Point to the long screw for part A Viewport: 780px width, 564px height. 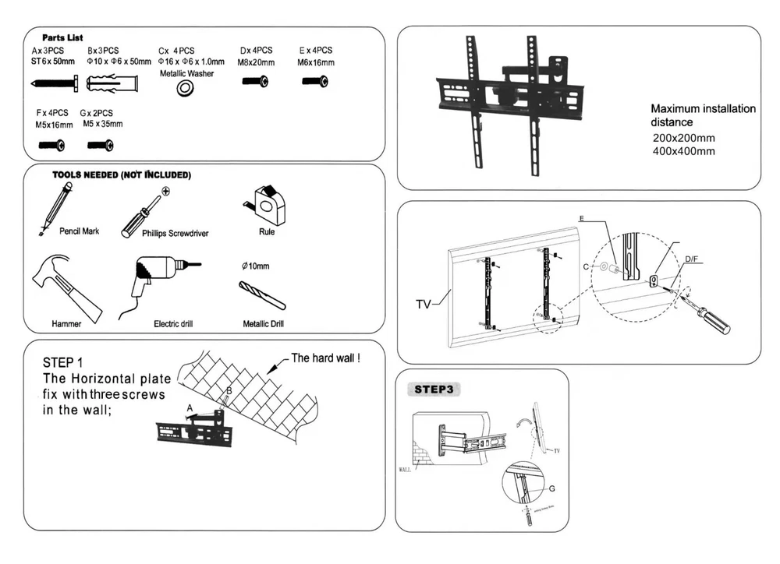point(55,82)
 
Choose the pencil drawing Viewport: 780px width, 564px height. point(55,207)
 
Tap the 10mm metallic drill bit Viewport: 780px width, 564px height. point(261,294)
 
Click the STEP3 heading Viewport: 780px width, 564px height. point(438,390)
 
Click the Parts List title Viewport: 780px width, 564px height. point(63,37)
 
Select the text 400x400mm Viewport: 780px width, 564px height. point(683,151)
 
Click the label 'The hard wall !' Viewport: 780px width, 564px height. point(325,359)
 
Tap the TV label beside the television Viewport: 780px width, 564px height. point(424,303)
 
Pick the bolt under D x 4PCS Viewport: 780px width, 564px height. point(255,81)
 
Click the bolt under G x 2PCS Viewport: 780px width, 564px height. point(101,144)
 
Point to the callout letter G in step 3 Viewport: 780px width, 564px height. point(551,489)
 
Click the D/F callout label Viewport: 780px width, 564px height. point(692,259)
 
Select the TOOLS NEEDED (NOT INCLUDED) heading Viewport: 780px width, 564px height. point(121,175)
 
